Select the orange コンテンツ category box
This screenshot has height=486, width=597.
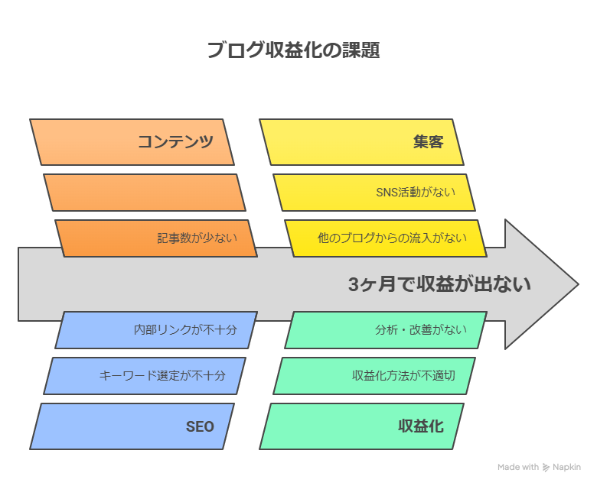pyautogui.click(x=132, y=142)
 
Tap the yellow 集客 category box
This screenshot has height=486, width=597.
pyautogui.click(x=361, y=142)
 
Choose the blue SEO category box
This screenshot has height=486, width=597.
pyautogui.click(x=132, y=426)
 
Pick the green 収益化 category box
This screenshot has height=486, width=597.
pyautogui.click(x=361, y=426)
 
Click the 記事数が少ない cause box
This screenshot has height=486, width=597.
pyautogui.click(x=156, y=238)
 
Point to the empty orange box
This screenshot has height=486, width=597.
pyautogui.click(x=145, y=193)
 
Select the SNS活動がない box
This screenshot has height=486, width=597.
pyautogui.click(x=374, y=193)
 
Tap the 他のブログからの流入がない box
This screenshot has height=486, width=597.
pyautogui.click(x=386, y=238)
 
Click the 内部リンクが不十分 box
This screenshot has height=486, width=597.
pyautogui.click(x=156, y=330)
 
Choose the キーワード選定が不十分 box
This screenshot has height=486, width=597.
pyautogui.click(x=145, y=376)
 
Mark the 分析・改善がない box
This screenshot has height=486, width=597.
pyautogui.click(x=386, y=330)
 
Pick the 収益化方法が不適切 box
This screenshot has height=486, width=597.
pyautogui.click(x=374, y=376)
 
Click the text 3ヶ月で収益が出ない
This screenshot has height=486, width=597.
pyautogui.click(x=439, y=285)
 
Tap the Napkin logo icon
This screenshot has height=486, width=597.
pyautogui.click(x=546, y=468)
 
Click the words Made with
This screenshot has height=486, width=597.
pyautogui.click(x=517, y=468)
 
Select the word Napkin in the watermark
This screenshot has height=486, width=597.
pyautogui.click(x=567, y=468)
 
